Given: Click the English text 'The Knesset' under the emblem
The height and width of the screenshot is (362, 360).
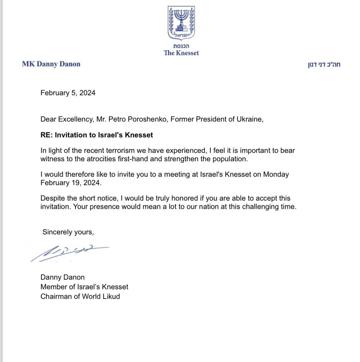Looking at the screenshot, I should [x=181, y=53].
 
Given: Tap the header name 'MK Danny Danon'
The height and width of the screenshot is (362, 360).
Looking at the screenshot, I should [x=51, y=64].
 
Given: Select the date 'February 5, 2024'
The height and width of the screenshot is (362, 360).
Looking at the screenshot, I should [x=68, y=93].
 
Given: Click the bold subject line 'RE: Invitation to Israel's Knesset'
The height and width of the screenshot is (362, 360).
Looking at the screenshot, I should [x=97, y=135].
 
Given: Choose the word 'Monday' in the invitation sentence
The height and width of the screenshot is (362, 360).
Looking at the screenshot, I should [x=276, y=174].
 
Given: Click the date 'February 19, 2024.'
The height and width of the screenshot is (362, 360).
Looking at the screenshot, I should [x=71, y=183].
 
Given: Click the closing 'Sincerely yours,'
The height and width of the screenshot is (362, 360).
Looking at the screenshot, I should [x=68, y=232].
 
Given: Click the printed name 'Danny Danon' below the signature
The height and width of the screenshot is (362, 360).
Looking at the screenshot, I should [x=63, y=277].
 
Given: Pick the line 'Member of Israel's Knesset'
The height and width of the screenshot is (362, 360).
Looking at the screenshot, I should [x=84, y=287].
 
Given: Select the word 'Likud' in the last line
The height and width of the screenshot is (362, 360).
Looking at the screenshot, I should [x=111, y=297].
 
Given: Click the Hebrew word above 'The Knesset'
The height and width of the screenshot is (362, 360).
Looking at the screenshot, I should [x=181, y=46].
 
